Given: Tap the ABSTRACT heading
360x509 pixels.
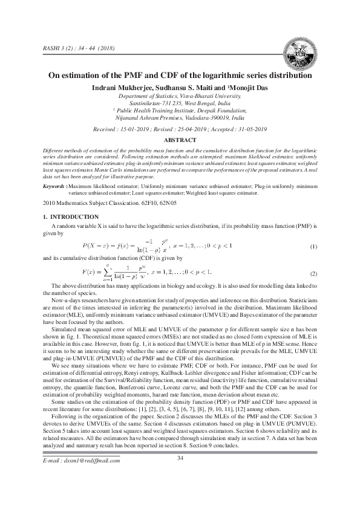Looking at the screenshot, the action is (x=180, y=139).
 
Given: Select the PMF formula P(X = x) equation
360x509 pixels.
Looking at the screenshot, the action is (x=157, y=248).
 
